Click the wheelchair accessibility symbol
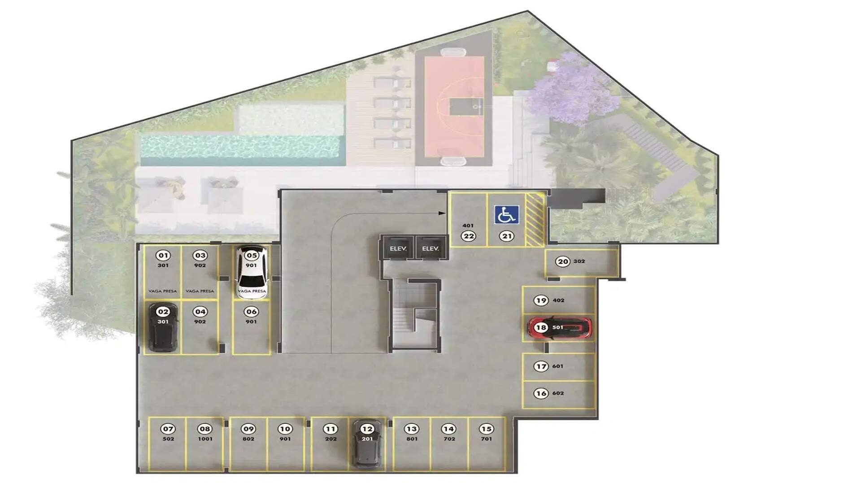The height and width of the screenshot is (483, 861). tap(507, 215)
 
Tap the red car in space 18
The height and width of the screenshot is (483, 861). tap(560, 328)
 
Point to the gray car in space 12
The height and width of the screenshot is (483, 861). tap(367, 443)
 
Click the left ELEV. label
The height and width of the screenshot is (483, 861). tap(398, 248)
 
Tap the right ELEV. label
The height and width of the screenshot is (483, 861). tap(430, 248)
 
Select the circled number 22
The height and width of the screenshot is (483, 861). tap(469, 236)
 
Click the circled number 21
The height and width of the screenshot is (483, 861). tap(507, 236)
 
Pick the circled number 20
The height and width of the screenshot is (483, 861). tap(563, 261)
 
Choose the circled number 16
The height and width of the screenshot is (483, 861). tap(541, 393)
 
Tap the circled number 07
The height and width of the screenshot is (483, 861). tap(168, 429)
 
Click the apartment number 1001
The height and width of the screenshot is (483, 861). tap(205, 439)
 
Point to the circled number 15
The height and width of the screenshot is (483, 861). tap(486, 429)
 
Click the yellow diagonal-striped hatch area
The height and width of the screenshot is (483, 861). tap(535, 220)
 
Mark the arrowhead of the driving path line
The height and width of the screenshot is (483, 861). tap(442, 213)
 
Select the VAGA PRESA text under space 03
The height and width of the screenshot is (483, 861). tap(200, 291)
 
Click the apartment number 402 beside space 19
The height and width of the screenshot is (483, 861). tap(558, 300)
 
